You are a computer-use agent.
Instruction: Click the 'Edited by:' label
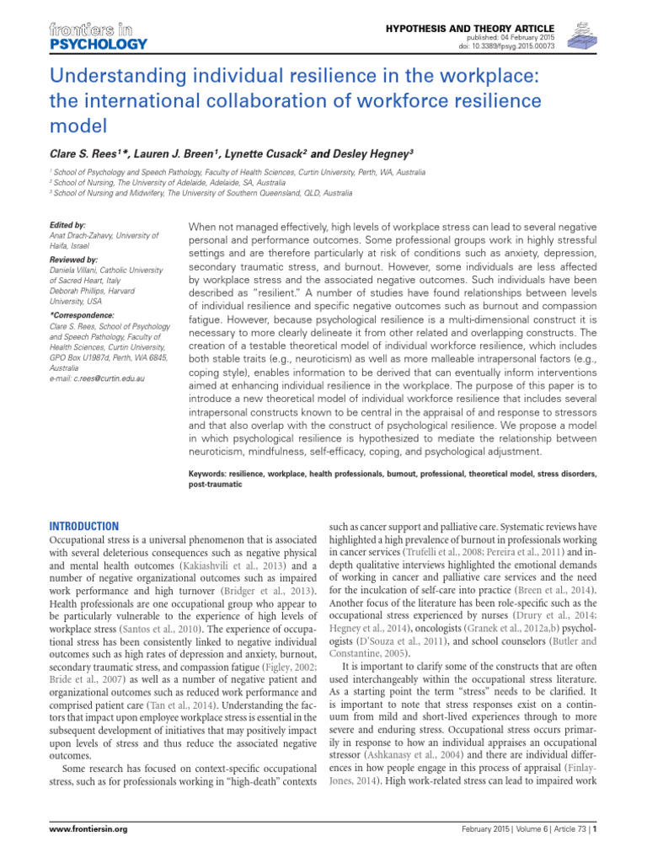point(68,225)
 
